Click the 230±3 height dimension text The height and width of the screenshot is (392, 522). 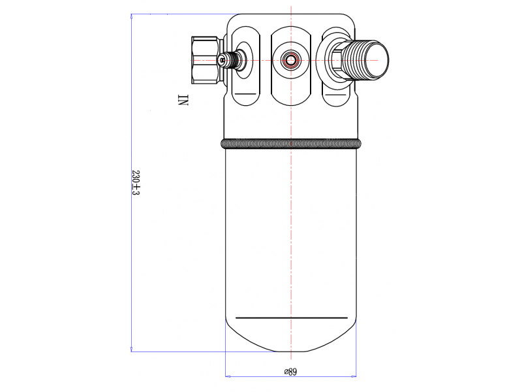coord(136,183)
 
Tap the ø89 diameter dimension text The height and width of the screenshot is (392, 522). coord(290,371)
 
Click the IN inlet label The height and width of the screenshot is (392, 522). coord(183,100)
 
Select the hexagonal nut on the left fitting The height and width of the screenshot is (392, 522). coord(205,60)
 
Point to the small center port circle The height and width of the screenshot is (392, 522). coord(290,60)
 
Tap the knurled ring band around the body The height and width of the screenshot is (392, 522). coord(291,144)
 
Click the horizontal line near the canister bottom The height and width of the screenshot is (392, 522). coord(291,318)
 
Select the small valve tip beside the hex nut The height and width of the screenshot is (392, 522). coord(223,60)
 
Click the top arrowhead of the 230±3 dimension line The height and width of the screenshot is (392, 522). coord(132,16)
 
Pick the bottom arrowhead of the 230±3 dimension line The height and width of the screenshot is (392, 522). coord(132,349)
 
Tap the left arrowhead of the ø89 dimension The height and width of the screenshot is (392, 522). coord(228,376)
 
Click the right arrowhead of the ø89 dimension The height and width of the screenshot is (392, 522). coord(354,376)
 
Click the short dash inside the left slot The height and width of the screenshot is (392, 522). coord(245,94)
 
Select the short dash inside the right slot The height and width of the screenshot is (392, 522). coord(335,95)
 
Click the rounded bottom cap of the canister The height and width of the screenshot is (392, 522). coord(291,336)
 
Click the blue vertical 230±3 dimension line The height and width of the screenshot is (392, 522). coord(132,183)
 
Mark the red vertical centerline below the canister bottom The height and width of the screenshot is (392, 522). coord(291,356)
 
